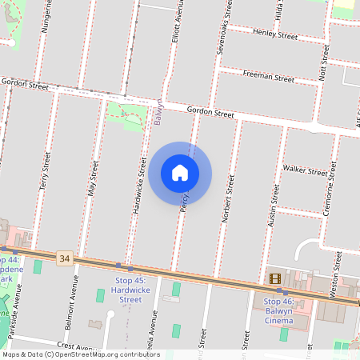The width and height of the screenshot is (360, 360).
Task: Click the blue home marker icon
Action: (x=180, y=173)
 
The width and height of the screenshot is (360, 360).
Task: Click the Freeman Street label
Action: (x=269, y=78)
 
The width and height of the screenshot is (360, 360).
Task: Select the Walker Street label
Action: (x=305, y=170)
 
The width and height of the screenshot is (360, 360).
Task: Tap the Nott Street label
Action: (x=325, y=62)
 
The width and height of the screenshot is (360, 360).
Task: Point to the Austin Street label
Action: (x=274, y=205)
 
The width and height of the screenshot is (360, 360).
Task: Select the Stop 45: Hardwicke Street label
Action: (x=130, y=290)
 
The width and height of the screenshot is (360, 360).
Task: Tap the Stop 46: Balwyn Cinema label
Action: (x=290, y=311)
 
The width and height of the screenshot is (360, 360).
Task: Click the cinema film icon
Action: (x=275, y=278)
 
